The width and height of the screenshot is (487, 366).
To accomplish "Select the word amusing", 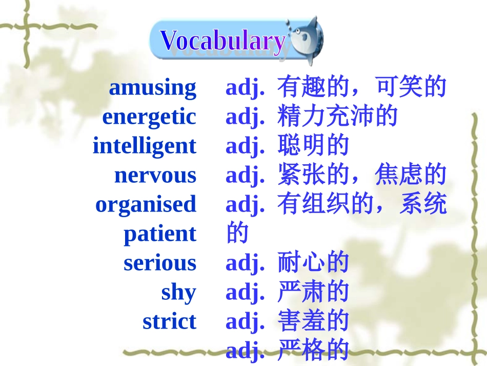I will point(152,88).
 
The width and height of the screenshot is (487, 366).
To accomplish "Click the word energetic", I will point(149,117).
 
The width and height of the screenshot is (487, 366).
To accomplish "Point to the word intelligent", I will point(144,146).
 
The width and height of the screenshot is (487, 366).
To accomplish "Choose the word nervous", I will point(155,175).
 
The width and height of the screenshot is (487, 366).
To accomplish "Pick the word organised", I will point(146,204).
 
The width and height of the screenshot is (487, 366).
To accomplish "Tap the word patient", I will point(160,234).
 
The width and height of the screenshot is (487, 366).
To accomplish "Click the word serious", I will point(160,263).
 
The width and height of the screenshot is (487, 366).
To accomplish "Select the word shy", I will point(179,292).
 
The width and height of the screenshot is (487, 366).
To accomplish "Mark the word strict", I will point(170,321).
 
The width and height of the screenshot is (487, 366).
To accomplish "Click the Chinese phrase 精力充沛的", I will point(337,117).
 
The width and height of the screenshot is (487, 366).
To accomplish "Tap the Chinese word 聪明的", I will point(313,146).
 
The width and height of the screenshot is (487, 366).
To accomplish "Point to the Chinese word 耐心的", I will point(313,263).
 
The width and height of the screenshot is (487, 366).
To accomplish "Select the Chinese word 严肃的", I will point(313,292).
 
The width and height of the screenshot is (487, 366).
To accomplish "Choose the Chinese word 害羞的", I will point(313,321).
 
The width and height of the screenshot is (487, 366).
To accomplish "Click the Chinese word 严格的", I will point(313,351).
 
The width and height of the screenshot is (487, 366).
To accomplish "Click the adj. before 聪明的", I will point(245,146).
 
